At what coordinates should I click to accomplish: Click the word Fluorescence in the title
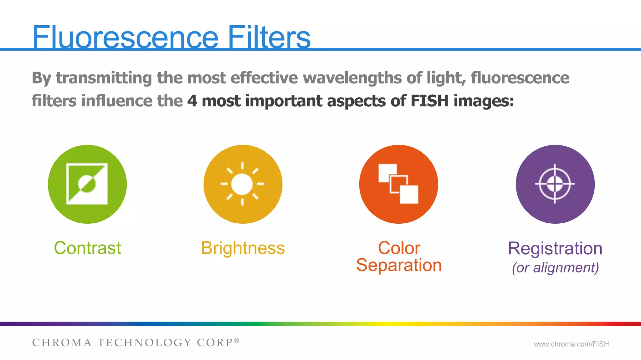tap(125, 38)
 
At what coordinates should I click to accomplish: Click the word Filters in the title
tap(269, 38)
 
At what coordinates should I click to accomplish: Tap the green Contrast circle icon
tap(87, 184)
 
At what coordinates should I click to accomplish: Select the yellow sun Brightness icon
tap(243, 184)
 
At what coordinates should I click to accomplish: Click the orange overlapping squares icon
tap(398, 184)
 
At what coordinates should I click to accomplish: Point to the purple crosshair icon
tap(555, 184)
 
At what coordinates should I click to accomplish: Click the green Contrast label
tap(87, 248)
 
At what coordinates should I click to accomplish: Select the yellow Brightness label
tap(243, 248)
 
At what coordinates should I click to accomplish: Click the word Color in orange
tap(399, 248)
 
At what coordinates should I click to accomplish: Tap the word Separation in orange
tap(399, 265)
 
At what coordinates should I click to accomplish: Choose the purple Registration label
tap(555, 248)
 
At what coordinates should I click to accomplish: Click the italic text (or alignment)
tap(555, 268)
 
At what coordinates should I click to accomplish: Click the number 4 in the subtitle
tap(192, 101)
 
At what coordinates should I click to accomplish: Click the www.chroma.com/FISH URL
tap(571, 344)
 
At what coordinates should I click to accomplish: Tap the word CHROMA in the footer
tap(62, 343)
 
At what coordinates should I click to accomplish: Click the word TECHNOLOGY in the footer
tap(144, 343)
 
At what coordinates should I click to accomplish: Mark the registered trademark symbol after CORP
tap(237, 340)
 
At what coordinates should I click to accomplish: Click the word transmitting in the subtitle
tap(104, 78)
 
